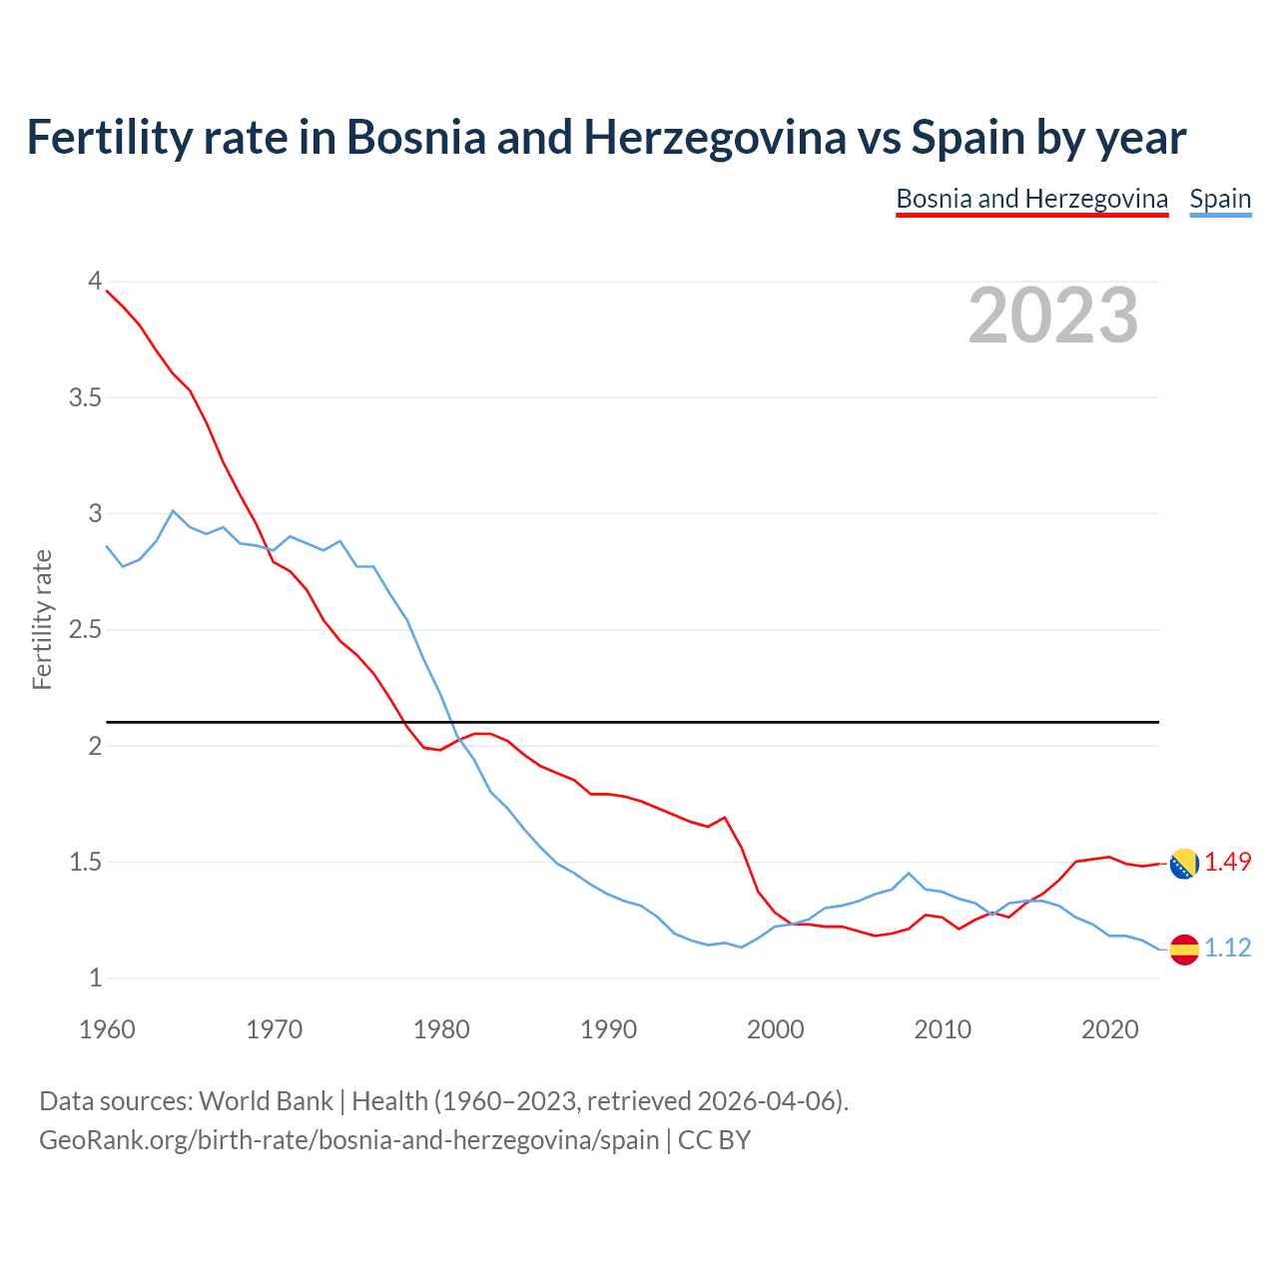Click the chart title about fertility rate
606,138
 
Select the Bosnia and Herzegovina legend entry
1031,199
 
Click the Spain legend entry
1220,199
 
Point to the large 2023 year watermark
1052,316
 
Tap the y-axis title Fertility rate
42,619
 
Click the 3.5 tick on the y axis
85,398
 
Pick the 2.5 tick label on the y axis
85,630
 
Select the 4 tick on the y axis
95,282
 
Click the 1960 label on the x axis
107,1029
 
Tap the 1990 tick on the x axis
608,1029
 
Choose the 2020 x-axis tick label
1109,1029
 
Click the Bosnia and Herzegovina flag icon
1184,864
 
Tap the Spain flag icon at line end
1184,950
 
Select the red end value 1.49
1227,862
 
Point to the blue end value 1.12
1227,949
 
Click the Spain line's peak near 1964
173,510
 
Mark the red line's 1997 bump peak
725,817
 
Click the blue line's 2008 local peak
909,873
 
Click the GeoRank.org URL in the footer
349,1139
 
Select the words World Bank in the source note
266,1101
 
